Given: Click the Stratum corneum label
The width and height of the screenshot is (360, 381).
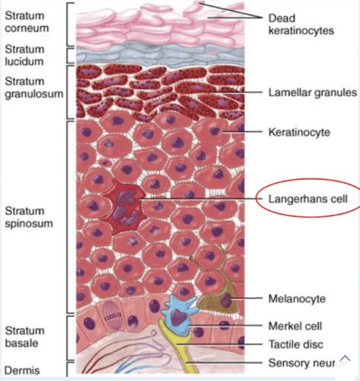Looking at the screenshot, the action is pyautogui.click(x=27, y=22).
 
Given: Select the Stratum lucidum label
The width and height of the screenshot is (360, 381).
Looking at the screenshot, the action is pyautogui.click(x=24, y=55).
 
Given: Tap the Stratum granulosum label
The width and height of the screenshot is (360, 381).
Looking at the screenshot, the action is pyautogui.click(x=34, y=88).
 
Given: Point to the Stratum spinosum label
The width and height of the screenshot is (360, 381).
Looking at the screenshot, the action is pyautogui.click(x=29, y=217).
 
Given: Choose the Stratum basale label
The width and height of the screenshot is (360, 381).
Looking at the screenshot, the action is pyautogui.click(x=24, y=337).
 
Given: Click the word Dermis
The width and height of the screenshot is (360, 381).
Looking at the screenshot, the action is pyautogui.click(x=22, y=370).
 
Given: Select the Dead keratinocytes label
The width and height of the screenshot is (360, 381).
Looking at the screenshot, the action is pyautogui.click(x=301, y=24).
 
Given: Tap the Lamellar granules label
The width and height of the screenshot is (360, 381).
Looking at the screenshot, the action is pyautogui.click(x=313, y=92).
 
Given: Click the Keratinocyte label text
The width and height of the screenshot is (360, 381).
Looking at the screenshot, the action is pyautogui.click(x=299, y=133).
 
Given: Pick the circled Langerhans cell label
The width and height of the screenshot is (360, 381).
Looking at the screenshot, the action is pyautogui.click(x=308, y=199).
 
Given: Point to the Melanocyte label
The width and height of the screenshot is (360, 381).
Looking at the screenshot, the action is pyautogui.click(x=297, y=299).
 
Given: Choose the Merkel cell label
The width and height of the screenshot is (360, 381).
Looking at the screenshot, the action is pyautogui.click(x=295, y=326).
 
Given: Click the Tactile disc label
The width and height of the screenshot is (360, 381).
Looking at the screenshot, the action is pyautogui.click(x=296, y=344).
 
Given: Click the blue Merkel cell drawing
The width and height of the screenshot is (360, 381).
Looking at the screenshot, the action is pyautogui.click(x=179, y=315).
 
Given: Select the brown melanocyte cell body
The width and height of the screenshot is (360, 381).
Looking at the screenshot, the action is pyautogui.click(x=220, y=299).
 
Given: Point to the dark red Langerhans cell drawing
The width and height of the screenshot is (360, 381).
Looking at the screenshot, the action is pyautogui.click(x=125, y=208).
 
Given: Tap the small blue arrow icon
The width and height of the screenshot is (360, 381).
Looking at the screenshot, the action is pyautogui.click(x=346, y=358).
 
